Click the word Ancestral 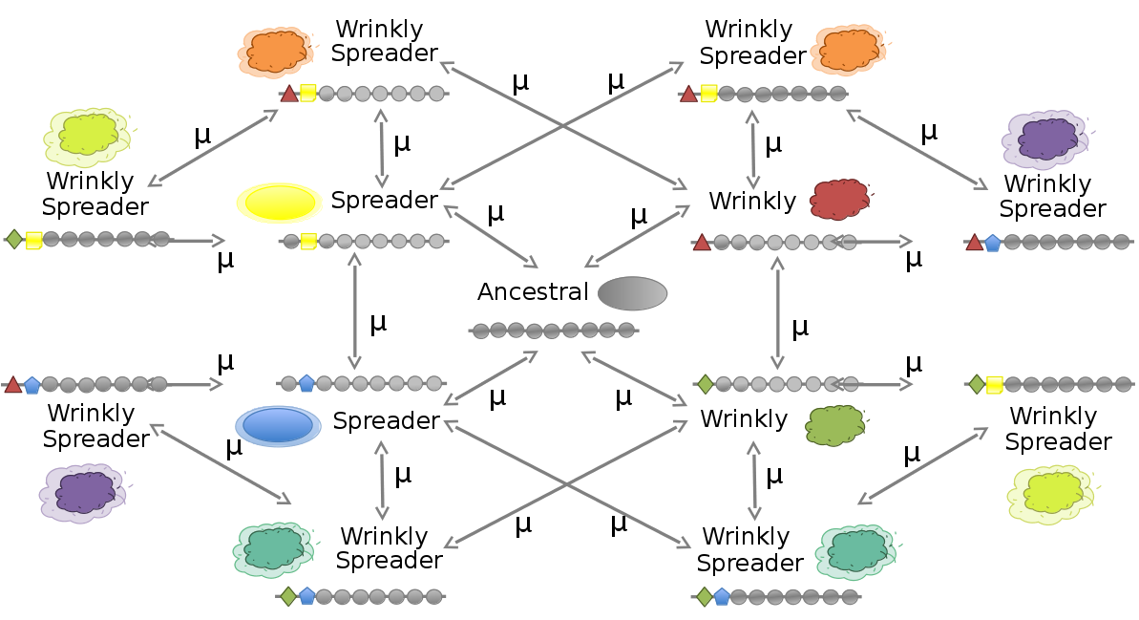click(x=533, y=291)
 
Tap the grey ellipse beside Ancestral click(x=632, y=292)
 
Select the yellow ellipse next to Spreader click(x=281, y=203)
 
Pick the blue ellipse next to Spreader click(x=279, y=425)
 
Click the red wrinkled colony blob click(x=838, y=200)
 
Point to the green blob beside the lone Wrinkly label click(x=835, y=425)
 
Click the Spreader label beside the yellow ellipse click(x=384, y=201)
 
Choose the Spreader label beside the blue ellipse click(x=386, y=420)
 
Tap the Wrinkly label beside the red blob click(x=752, y=201)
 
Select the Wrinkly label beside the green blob click(x=744, y=418)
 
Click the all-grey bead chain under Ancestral click(x=553, y=331)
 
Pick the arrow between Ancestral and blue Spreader click(x=493, y=377)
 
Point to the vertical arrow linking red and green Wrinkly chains click(x=777, y=312)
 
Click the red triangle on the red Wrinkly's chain click(x=702, y=243)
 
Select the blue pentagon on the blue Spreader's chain click(x=306, y=384)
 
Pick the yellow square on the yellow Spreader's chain click(x=307, y=242)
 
